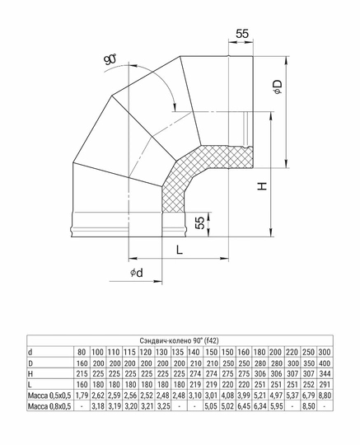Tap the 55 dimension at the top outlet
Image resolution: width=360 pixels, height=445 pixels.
241,34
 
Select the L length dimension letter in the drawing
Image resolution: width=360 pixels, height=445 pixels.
178,248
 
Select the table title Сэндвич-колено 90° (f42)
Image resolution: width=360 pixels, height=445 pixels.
179,340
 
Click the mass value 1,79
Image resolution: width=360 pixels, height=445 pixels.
81,396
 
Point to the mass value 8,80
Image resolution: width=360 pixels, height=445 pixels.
326,396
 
